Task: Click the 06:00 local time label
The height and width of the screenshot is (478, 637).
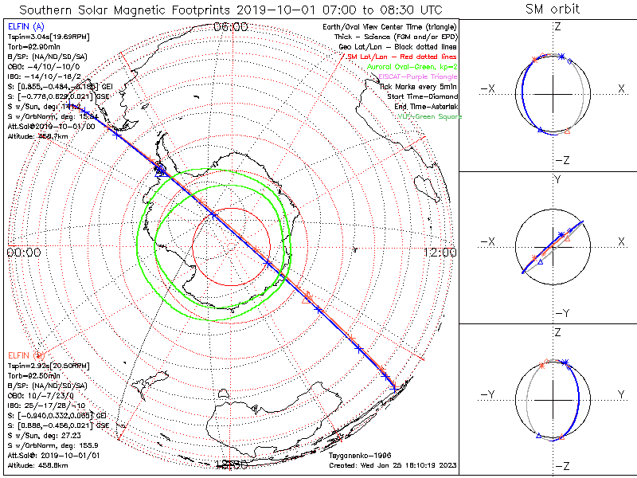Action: (231, 27)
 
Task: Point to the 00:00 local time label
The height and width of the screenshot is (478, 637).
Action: (23, 253)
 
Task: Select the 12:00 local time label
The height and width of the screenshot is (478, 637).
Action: (439, 253)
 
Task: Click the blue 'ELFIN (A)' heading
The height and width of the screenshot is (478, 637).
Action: (23, 27)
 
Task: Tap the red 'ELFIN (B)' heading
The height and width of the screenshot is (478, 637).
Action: (25, 354)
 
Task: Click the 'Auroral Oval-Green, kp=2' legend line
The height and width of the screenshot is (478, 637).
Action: (415, 67)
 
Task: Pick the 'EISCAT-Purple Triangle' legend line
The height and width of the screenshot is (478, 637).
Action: (419, 76)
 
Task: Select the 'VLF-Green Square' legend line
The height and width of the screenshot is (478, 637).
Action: (429, 116)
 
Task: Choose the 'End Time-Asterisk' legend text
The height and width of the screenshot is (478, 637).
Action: (426, 107)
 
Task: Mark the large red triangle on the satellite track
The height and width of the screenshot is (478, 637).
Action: (307, 299)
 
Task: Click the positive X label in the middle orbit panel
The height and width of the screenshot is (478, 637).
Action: (620, 241)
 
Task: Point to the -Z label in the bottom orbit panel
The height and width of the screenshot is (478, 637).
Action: (561, 464)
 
